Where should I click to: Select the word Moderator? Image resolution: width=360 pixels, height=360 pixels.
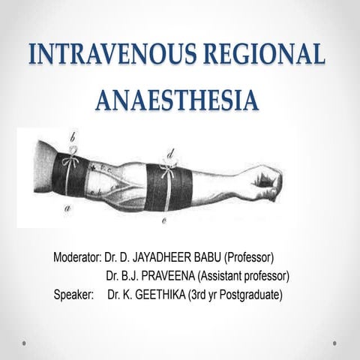[x=77, y=259]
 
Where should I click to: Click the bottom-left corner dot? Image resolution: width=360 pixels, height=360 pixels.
[x=25, y=343]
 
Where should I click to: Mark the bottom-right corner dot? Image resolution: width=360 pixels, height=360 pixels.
[x=334, y=343]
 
